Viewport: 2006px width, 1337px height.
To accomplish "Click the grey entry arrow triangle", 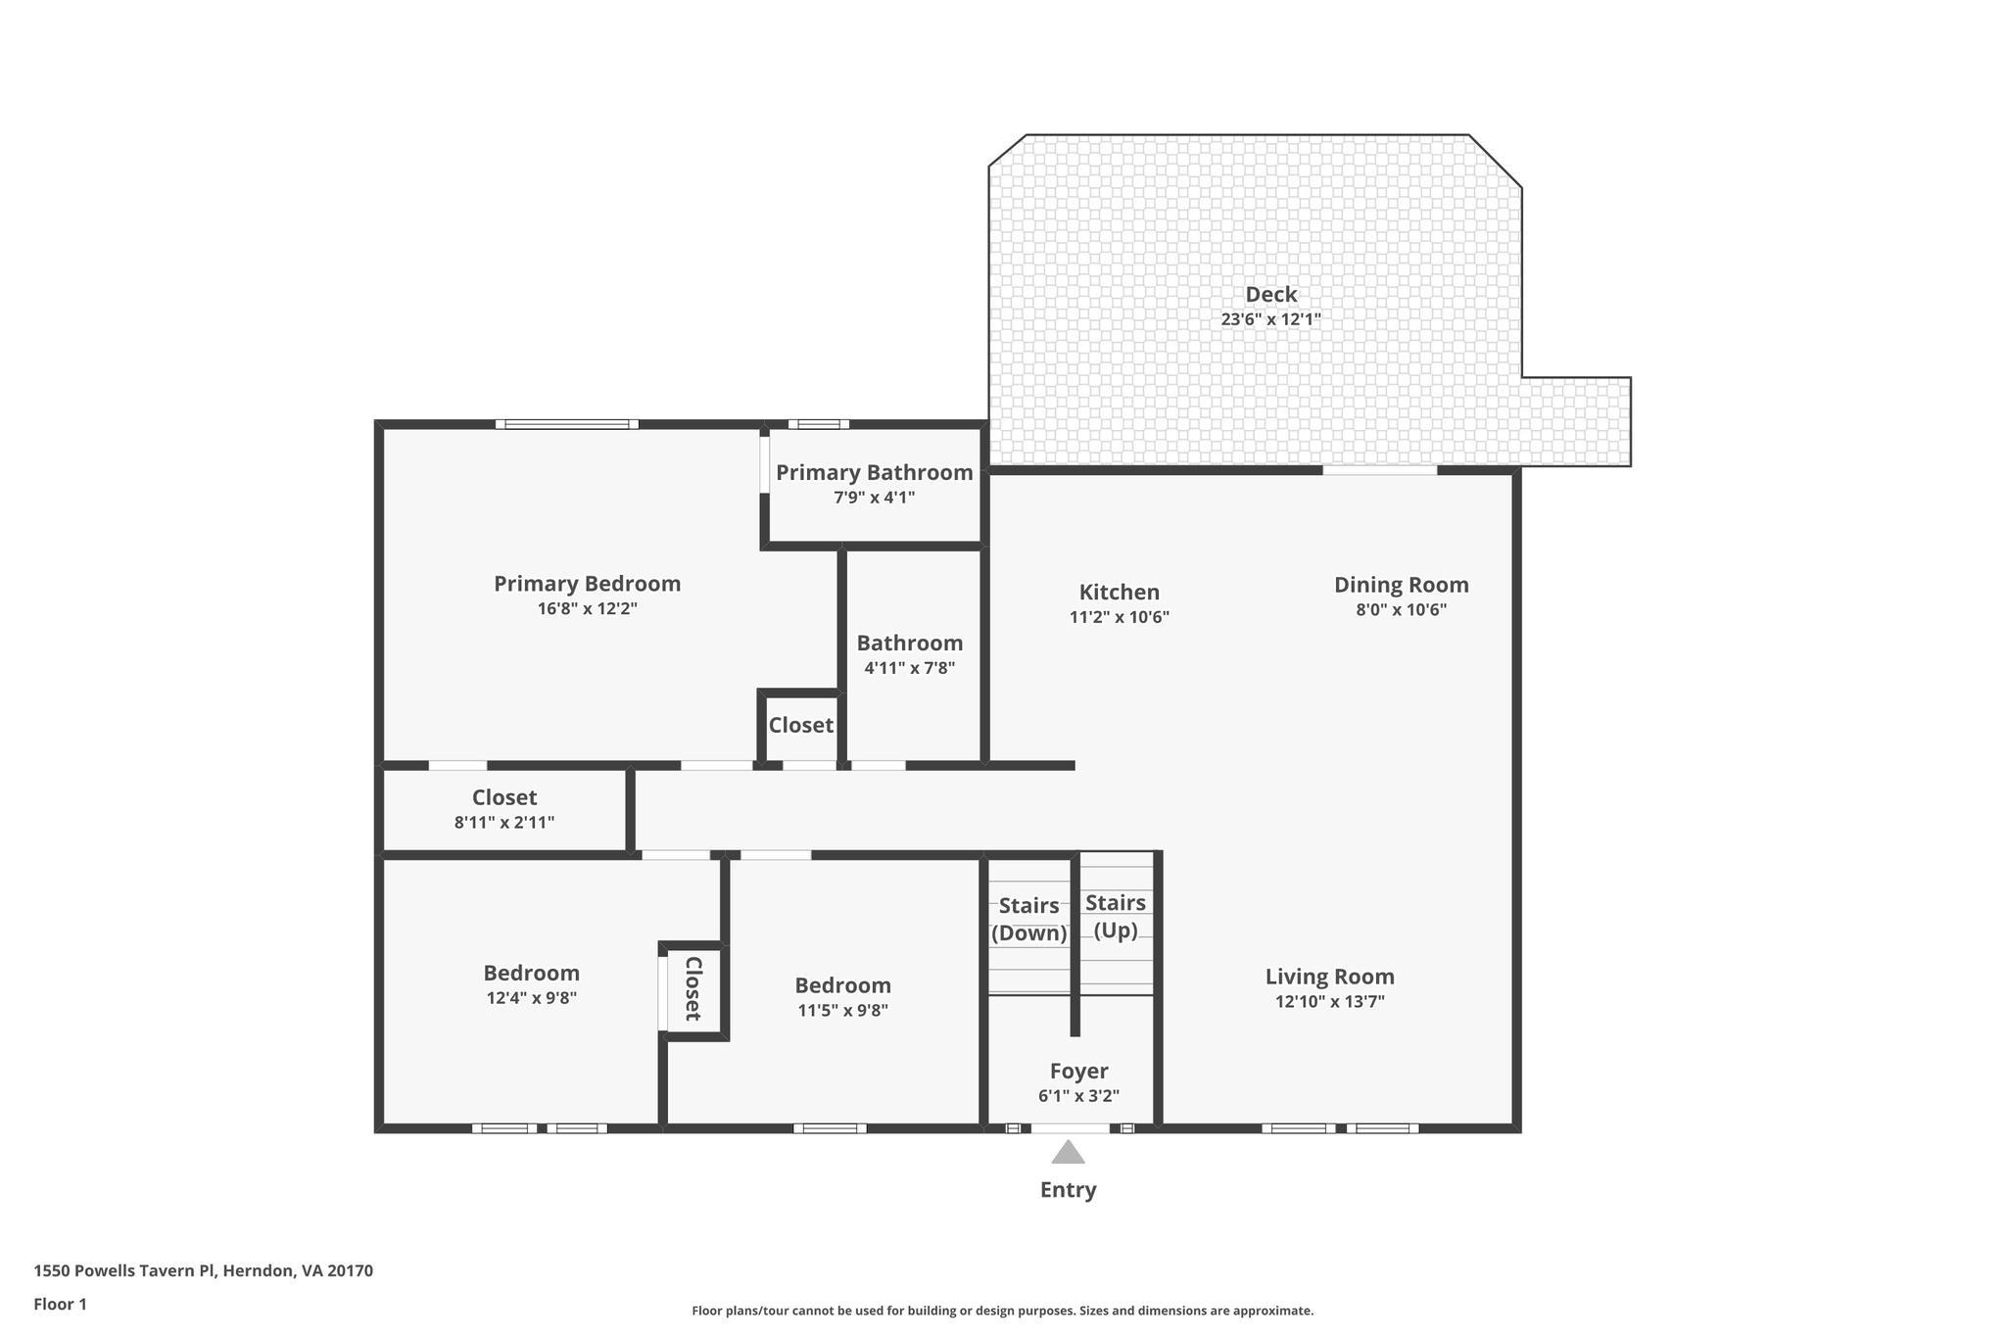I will click(1068, 1154).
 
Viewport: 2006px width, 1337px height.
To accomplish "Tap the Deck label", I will click(1270, 294).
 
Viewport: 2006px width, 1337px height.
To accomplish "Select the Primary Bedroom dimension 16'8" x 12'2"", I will click(587, 608).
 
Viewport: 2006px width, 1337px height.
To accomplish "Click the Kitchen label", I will click(1119, 592).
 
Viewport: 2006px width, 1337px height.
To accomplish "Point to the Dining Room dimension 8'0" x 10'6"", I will click(1401, 609).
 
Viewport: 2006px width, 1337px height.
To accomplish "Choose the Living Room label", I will click(1329, 976).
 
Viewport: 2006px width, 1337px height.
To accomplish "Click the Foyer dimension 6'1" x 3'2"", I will click(1078, 1096).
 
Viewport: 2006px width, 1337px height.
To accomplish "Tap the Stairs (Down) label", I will click(1028, 919).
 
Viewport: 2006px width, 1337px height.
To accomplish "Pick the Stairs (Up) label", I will click(1116, 916).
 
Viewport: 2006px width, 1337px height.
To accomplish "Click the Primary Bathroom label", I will click(874, 472).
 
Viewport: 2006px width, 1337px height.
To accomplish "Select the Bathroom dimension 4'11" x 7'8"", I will click(909, 668).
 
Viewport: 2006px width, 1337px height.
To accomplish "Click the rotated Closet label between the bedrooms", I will click(693, 988).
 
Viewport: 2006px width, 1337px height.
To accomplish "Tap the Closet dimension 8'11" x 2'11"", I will click(503, 823).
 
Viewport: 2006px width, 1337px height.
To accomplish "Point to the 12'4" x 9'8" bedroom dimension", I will click(531, 998).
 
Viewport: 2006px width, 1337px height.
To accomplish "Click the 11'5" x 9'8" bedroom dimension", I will click(842, 1011).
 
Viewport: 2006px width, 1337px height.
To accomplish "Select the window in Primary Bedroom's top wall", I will click(567, 424).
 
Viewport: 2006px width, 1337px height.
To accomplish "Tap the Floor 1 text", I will click(60, 1304).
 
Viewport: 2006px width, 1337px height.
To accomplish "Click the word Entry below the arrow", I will click(1068, 1189).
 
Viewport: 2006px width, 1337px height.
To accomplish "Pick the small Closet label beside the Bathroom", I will click(800, 725).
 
